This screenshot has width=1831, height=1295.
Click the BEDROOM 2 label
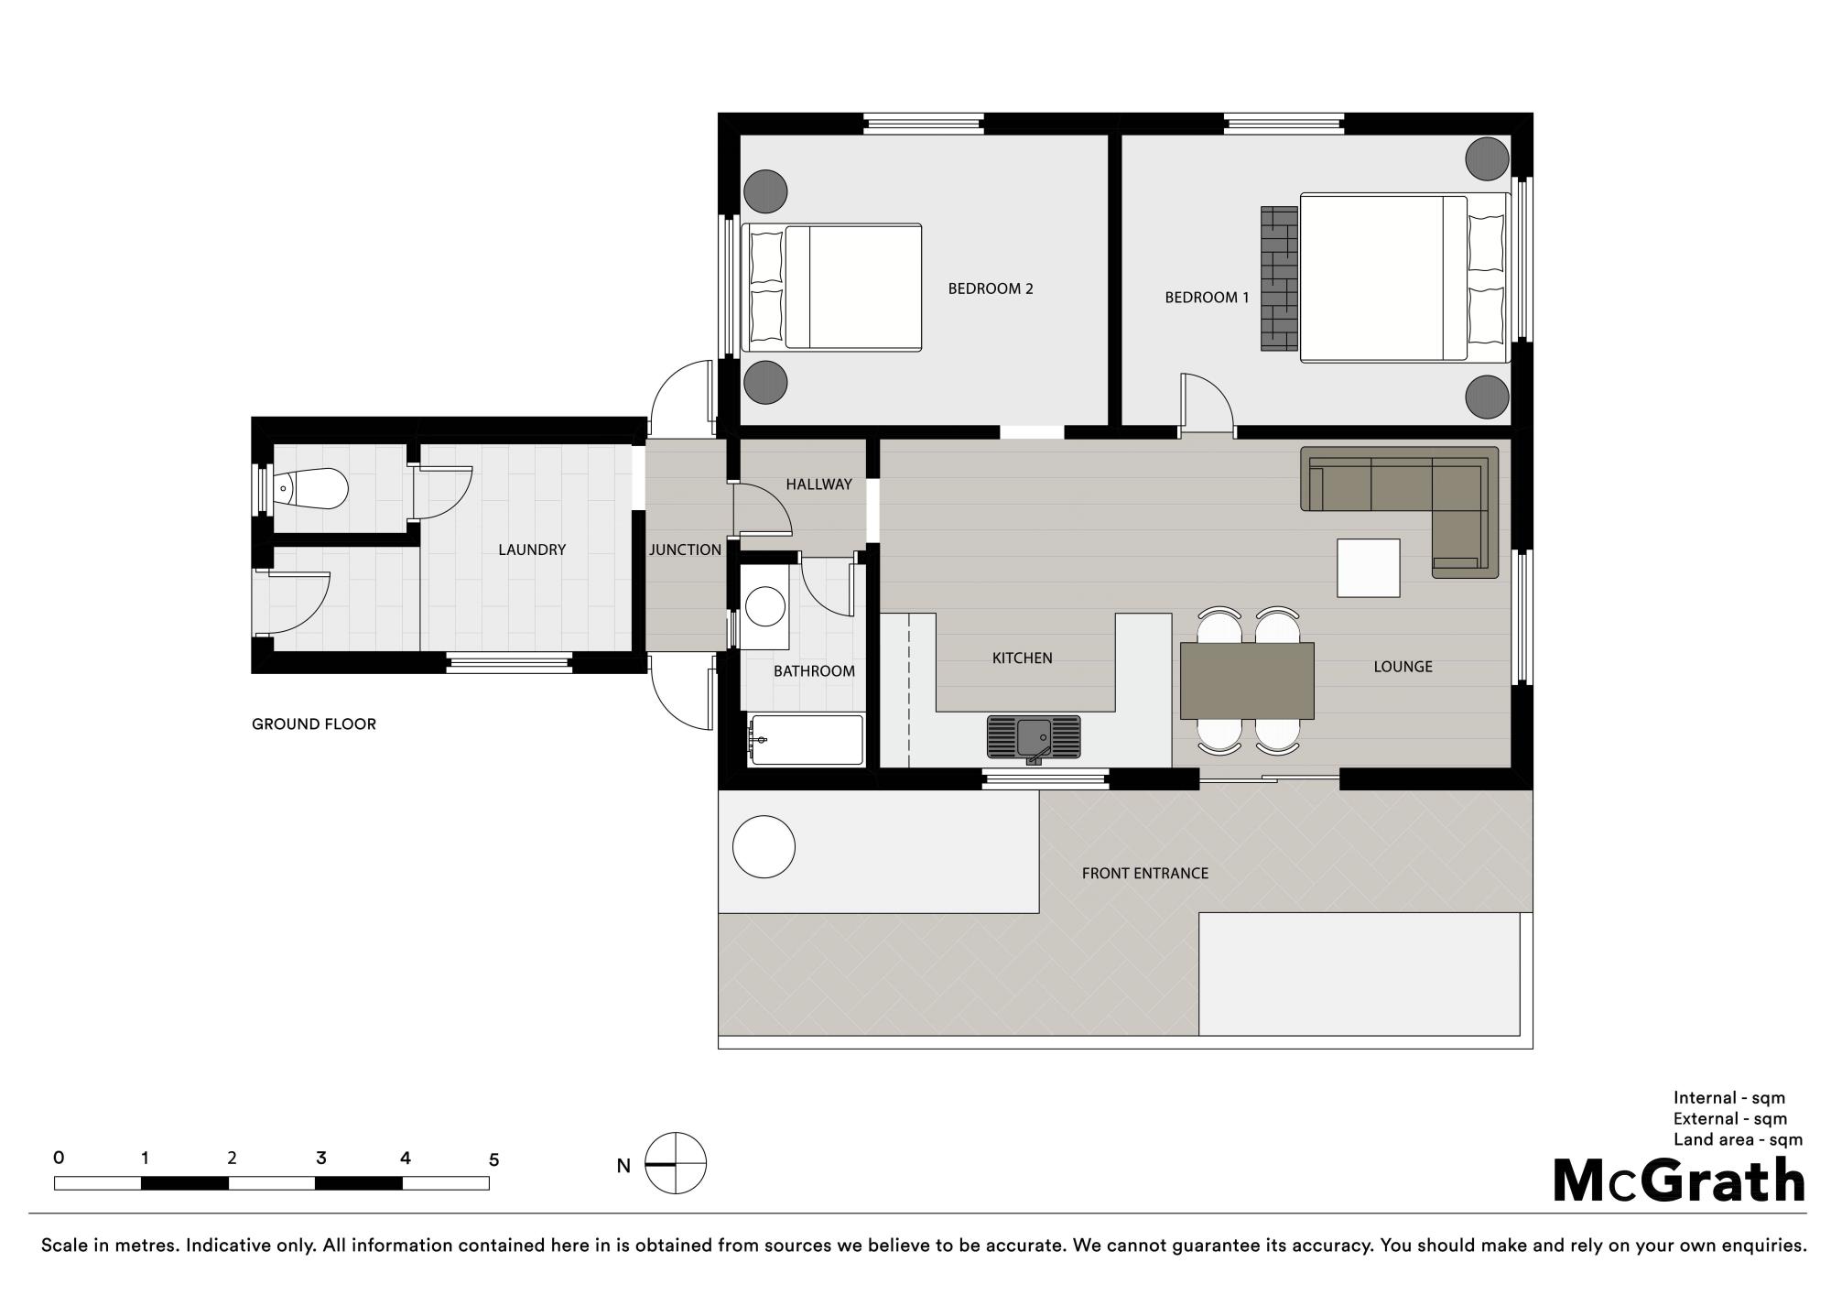991,288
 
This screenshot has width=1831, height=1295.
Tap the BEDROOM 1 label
1207,298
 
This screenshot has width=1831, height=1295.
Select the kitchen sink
1034,737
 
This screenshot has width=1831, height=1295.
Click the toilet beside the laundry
311,489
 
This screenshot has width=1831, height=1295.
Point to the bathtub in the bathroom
806,740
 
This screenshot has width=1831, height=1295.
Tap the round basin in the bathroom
765,605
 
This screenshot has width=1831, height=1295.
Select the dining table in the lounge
1247,680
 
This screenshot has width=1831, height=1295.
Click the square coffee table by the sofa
1369,568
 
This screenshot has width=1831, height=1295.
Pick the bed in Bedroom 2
831,288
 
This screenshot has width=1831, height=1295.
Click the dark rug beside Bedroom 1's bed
1280,277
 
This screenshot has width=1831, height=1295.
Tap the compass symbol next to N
676,1164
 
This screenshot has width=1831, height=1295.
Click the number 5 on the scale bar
493,1159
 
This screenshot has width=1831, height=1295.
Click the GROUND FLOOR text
314,724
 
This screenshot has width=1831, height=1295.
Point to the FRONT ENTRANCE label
1145,874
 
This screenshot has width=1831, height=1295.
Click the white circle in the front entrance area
764,847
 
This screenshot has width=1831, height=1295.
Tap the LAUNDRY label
532,550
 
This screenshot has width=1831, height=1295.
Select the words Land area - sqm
1738,1140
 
